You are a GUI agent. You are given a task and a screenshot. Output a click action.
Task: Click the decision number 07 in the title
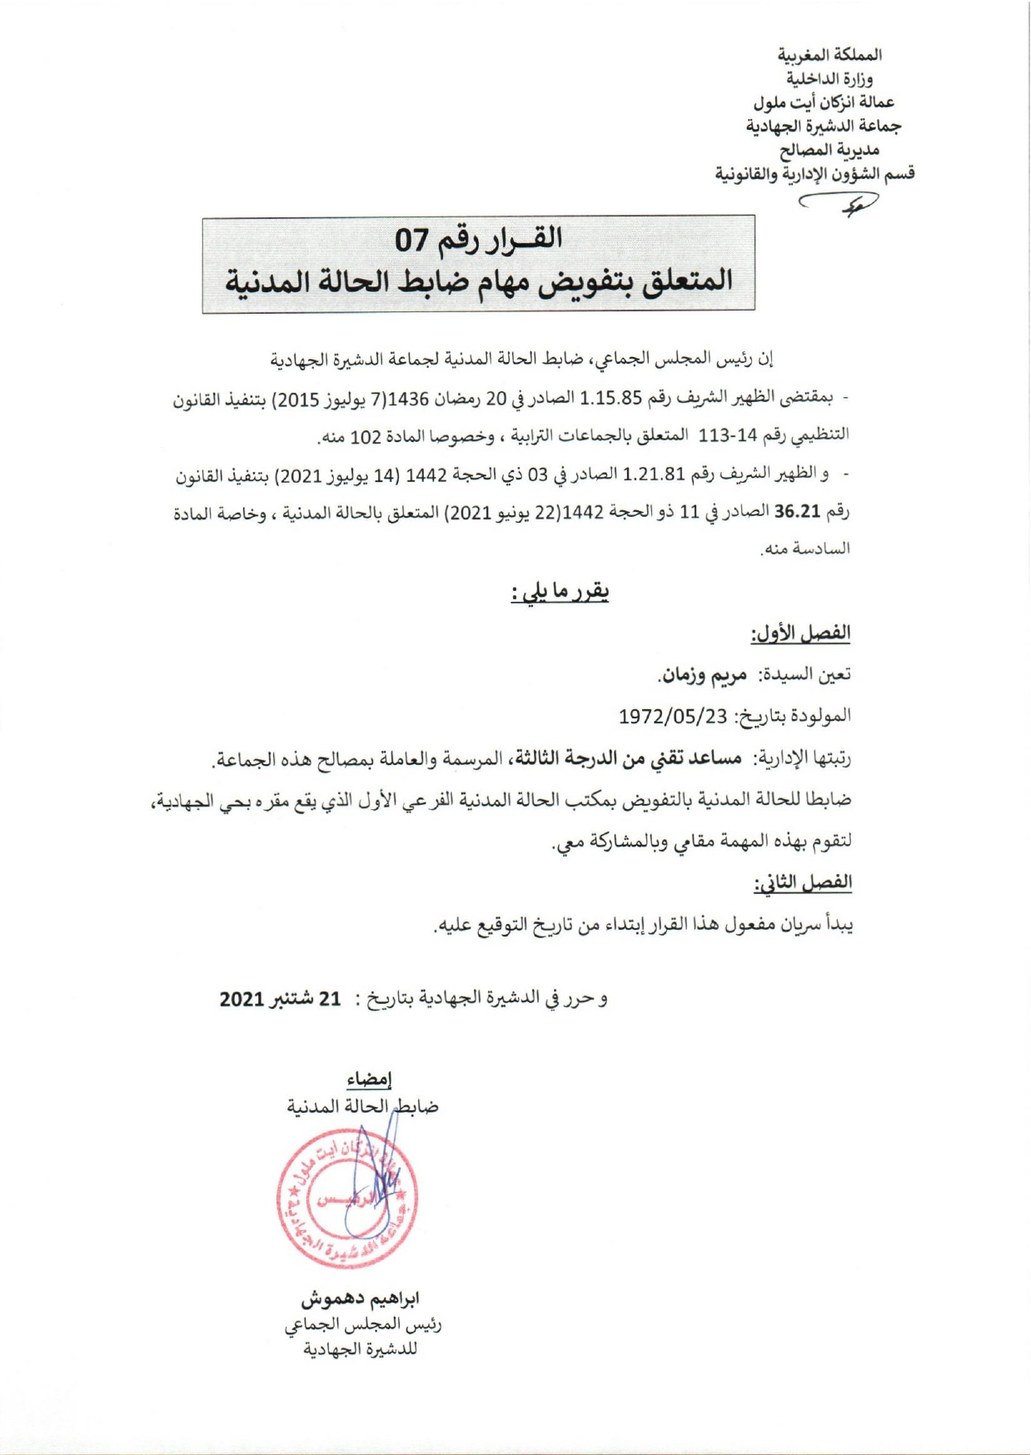(x=412, y=241)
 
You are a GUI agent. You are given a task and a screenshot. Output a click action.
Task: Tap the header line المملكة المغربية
(x=829, y=55)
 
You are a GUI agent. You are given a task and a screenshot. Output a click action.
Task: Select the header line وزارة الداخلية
(x=829, y=78)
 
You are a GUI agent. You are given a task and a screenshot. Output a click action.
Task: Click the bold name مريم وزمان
(x=701, y=675)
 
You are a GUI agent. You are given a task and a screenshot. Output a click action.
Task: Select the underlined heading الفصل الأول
(x=800, y=633)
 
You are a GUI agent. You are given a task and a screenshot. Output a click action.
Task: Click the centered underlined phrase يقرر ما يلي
(x=560, y=592)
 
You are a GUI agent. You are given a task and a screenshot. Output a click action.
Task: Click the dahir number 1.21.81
(x=654, y=475)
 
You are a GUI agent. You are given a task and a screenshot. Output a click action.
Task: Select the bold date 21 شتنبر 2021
(x=281, y=998)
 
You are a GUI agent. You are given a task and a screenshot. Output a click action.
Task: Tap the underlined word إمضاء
(x=369, y=1080)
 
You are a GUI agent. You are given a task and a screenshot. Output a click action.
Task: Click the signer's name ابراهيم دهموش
(x=360, y=1298)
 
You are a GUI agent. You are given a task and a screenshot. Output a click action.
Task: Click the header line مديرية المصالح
(x=829, y=150)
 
